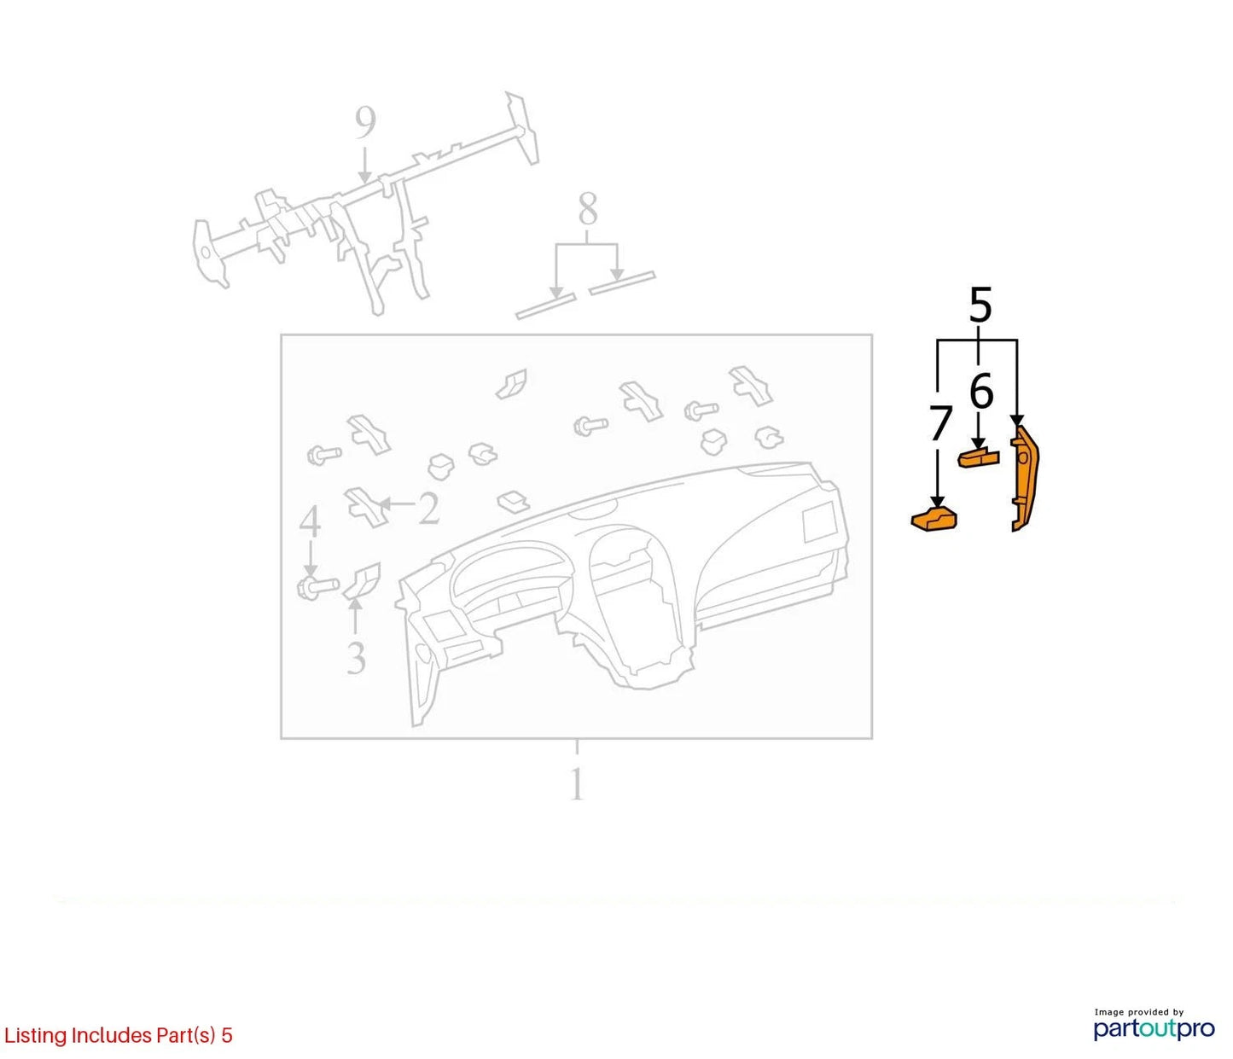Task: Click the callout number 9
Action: pos(365,123)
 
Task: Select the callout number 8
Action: pos(588,209)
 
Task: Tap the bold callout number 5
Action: pos(980,305)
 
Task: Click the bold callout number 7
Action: pos(940,423)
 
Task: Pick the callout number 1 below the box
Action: pos(576,784)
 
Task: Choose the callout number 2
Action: pos(428,508)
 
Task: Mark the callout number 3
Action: pos(356,657)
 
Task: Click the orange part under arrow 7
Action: pos(933,518)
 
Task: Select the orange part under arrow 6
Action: pos(978,458)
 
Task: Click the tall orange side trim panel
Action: pos(1024,479)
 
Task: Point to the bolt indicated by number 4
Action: pos(317,586)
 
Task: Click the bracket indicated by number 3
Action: pos(363,580)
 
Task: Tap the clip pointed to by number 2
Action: pos(366,507)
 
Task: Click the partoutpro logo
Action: pos(1154,1028)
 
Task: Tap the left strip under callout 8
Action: pos(546,305)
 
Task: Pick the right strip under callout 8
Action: pos(622,283)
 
